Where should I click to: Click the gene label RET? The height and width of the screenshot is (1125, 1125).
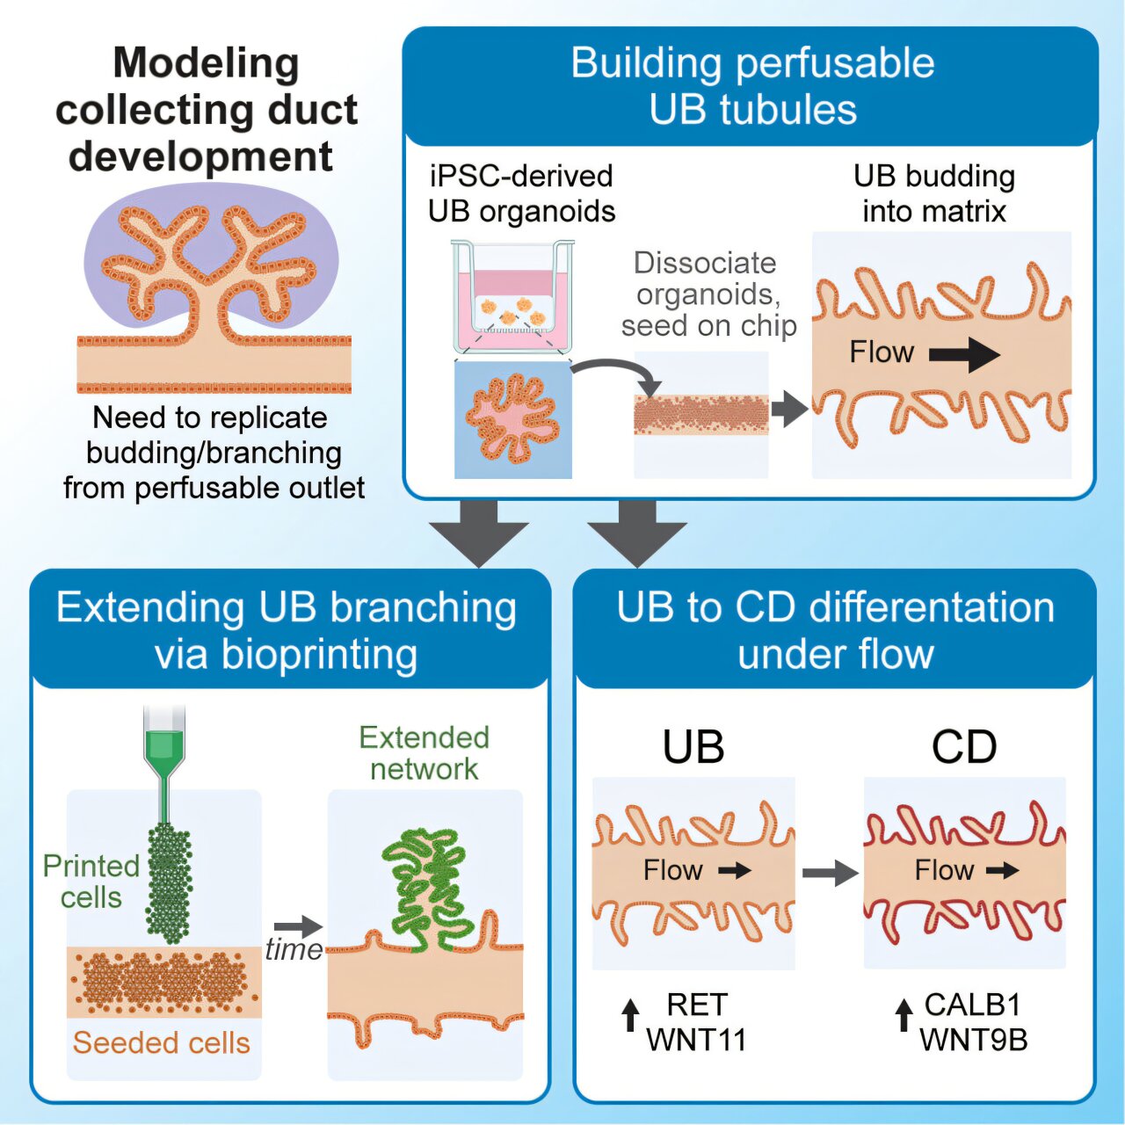click(x=697, y=1004)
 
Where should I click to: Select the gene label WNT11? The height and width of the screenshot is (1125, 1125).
click(x=696, y=1040)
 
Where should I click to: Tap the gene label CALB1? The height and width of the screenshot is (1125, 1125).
click(x=972, y=1004)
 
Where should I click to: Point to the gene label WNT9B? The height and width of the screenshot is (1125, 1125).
click(x=973, y=1040)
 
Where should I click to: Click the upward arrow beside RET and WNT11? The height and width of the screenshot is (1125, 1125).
click(x=630, y=1015)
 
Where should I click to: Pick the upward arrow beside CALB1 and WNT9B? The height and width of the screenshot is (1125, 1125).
click(x=904, y=1015)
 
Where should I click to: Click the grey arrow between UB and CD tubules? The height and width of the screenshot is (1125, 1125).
click(x=830, y=873)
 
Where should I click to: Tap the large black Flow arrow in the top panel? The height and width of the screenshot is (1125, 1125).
click(x=964, y=355)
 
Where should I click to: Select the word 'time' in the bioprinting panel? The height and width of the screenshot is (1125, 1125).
click(x=294, y=950)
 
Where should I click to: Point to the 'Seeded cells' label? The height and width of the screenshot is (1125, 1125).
click(x=161, y=1043)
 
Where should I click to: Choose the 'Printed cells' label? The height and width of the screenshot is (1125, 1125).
click(x=91, y=882)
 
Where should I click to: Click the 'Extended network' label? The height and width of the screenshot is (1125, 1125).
click(x=425, y=752)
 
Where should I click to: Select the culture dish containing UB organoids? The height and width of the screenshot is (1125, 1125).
click(x=512, y=299)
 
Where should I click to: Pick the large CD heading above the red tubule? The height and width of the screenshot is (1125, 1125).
click(x=964, y=747)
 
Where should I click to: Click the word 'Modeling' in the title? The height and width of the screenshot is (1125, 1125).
click(x=206, y=63)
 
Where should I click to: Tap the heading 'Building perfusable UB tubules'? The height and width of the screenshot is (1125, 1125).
click(x=752, y=86)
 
